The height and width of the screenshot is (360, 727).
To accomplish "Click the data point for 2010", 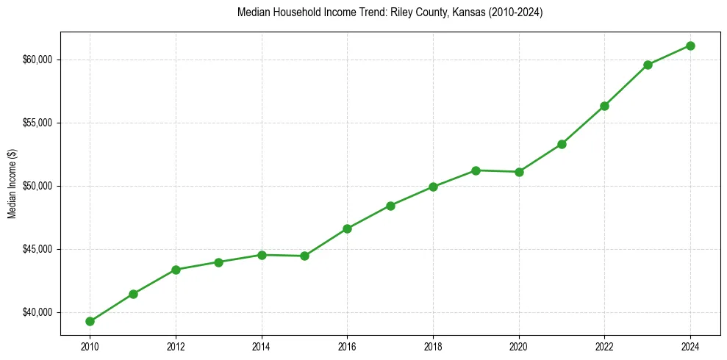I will (90, 321).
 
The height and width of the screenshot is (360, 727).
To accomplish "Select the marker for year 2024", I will (690, 46).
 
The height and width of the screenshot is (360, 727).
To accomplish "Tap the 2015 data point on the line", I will (304, 256).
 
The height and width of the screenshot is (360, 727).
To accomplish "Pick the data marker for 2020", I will (519, 172).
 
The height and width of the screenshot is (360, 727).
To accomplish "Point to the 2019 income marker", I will (476, 170).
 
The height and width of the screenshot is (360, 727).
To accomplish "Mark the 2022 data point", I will (604, 106).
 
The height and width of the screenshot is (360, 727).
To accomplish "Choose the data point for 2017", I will (390, 206).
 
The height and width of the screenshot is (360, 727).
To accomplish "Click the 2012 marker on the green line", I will (176, 270).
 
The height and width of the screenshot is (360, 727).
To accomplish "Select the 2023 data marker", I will (648, 65).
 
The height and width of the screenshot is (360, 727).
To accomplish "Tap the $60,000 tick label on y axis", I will (38, 60).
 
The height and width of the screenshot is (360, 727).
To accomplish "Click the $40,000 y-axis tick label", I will (38, 312).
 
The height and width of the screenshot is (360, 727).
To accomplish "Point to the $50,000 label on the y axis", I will (38, 186).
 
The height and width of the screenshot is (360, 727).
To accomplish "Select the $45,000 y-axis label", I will (38, 249).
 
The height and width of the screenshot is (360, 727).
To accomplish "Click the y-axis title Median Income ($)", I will (12, 184).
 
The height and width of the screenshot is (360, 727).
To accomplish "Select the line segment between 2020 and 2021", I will (540, 158).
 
